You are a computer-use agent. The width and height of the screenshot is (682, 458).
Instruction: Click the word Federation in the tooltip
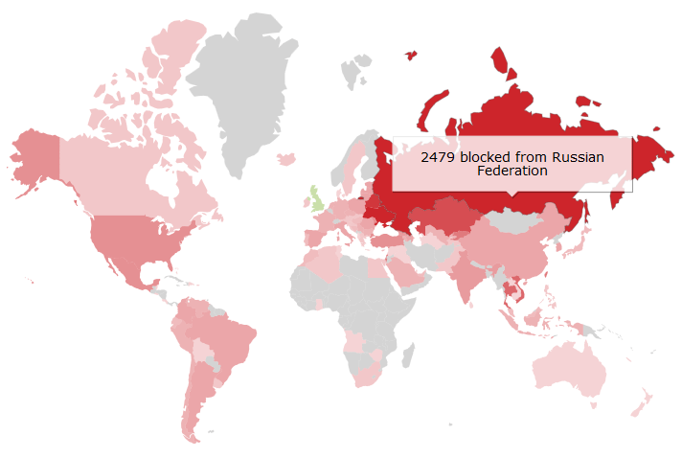(512, 171)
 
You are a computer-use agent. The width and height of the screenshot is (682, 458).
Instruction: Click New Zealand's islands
(642, 402)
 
